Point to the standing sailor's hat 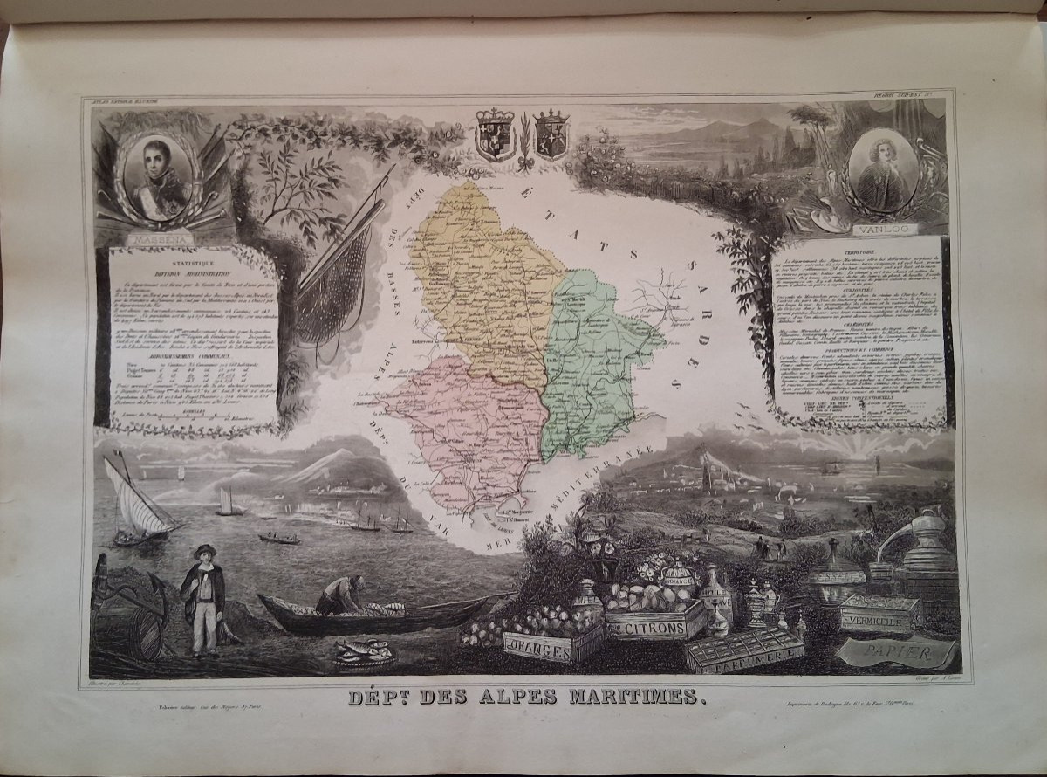[205, 551]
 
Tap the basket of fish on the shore [362, 650]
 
